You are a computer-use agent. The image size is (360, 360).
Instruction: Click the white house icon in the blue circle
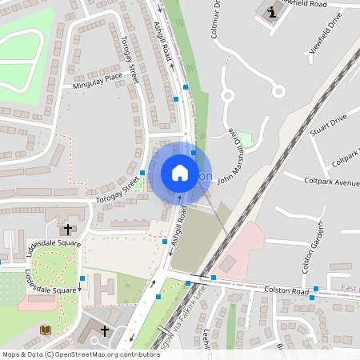[x=179, y=172]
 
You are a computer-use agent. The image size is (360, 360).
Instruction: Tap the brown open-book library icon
[x=45, y=329]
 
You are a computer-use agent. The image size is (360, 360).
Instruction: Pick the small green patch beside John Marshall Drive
[x=245, y=140]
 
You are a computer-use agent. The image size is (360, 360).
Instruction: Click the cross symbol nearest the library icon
[x=104, y=330]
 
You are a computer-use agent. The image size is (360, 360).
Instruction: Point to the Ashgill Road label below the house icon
[x=177, y=225]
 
